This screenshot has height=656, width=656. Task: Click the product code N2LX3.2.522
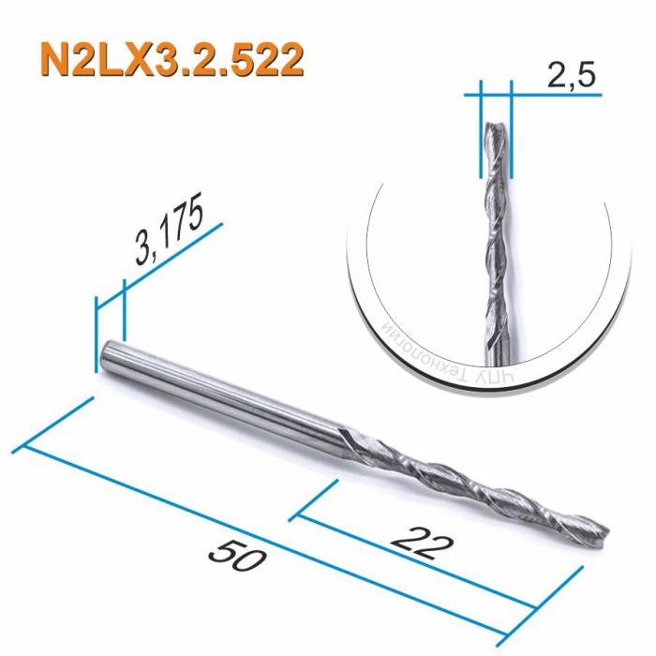[172, 60]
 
